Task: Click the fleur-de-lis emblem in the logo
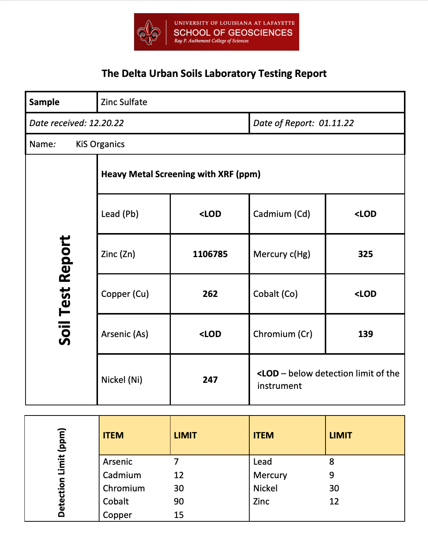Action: (149, 33)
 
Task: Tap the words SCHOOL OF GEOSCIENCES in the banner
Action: (233, 33)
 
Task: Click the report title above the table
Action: (214, 74)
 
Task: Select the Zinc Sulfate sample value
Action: (124, 102)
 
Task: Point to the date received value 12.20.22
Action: (106, 123)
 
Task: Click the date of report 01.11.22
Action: (336, 123)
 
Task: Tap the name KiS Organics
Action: (100, 144)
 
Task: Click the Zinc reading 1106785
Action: (210, 254)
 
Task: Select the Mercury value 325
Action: (365, 254)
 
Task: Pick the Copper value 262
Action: (210, 294)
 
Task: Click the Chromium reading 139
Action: (365, 334)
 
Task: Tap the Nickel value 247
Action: (210, 380)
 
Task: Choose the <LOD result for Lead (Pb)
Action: (210, 214)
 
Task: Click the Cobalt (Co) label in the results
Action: (276, 294)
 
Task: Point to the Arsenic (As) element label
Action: (125, 334)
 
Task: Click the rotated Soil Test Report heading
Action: (65, 290)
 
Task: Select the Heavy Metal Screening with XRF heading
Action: (181, 174)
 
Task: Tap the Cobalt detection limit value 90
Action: (179, 501)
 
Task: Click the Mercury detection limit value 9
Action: (332, 475)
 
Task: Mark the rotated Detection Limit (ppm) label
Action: (62, 472)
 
